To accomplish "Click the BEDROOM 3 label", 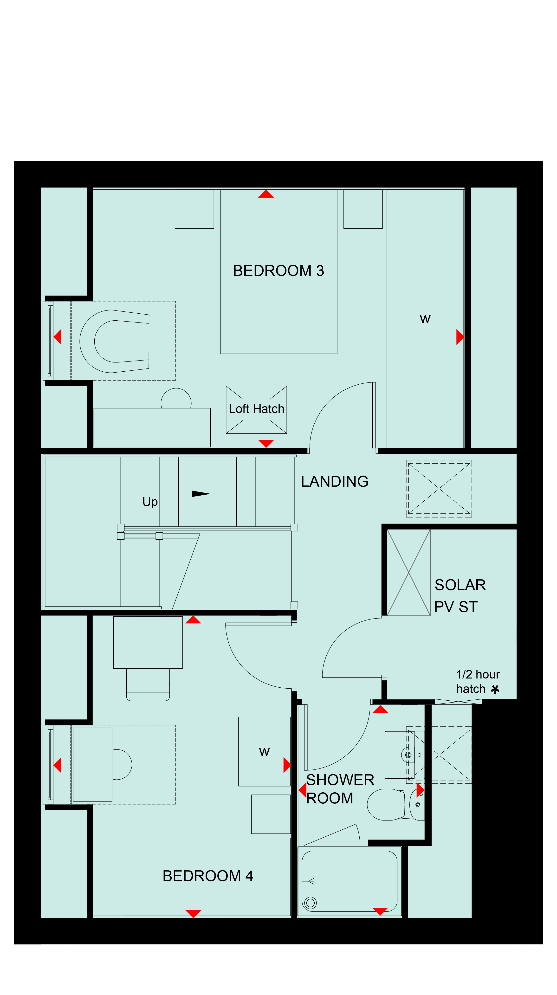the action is click(278, 271).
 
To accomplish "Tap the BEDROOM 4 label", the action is click(208, 876).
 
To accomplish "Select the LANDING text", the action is click(335, 481).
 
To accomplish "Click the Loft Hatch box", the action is click(256, 409).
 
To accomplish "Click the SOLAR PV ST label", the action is click(460, 596).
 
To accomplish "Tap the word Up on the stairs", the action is click(150, 502).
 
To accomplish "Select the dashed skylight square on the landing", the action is click(439, 489).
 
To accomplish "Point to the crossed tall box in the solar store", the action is click(409, 572).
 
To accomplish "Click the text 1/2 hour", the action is click(478, 674).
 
